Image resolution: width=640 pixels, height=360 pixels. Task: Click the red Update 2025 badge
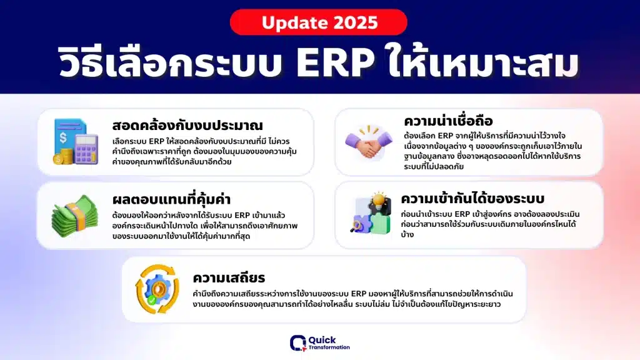click(x=318, y=22)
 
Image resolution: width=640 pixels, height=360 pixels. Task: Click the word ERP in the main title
click(x=335, y=62)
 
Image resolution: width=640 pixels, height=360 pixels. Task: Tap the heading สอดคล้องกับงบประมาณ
click(x=187, y=125)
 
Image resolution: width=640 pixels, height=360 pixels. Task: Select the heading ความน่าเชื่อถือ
click(x=448, y=121)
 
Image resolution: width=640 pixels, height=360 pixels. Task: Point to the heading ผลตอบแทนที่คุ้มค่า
click(x=171, y=199)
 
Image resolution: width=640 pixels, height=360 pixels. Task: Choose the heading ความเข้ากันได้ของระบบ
click(x=472, y=198)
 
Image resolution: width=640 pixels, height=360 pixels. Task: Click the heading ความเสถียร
click(x=229, y=277)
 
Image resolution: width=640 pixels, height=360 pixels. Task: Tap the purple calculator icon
click(x=86, y=149)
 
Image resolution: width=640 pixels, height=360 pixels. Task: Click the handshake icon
click(x=369, y=143)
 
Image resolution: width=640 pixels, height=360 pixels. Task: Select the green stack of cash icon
click(x=75, y=216)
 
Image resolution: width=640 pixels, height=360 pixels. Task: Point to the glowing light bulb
click(x=379, y=200)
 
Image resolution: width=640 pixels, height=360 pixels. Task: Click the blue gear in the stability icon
click(x=157, y=289)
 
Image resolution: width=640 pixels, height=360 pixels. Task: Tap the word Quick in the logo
click(x=322, y=340)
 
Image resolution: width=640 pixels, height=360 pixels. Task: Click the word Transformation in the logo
click(x=329, y=347)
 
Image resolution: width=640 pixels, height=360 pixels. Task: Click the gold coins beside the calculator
click(x=63, y=156)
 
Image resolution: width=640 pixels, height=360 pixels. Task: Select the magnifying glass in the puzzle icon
click(x=356, y=226)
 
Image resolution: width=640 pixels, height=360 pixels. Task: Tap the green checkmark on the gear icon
click(x=152, y=301)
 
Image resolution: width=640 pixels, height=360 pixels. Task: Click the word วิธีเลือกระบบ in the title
click(x=171, y=63)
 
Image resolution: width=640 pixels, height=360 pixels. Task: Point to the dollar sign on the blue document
click(x=63, y=137)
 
